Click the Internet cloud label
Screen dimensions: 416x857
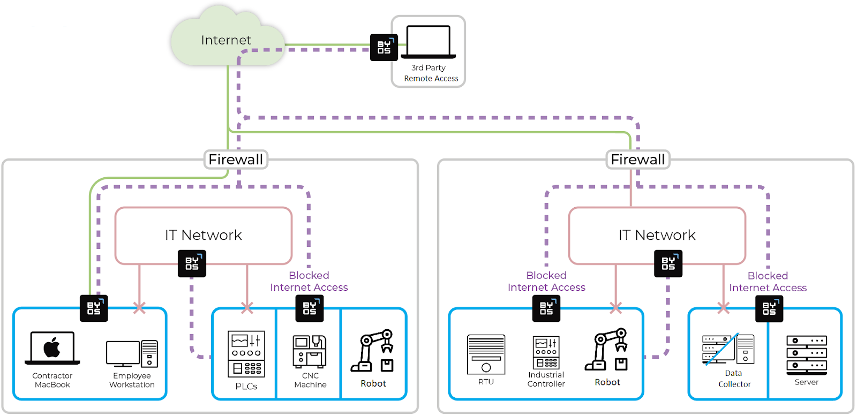226,40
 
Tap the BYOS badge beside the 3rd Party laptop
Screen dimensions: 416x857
384,48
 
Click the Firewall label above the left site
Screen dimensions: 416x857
236,160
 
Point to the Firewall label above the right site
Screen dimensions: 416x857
638,160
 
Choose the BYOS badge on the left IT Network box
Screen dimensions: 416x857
192,263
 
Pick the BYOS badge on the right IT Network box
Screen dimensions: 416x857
668,263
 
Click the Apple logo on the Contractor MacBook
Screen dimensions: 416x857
52,347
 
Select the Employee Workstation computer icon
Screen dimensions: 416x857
132,354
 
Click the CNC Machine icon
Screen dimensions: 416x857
310,351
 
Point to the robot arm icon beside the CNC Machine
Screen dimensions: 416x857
373,351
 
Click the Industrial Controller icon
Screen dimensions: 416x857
546,352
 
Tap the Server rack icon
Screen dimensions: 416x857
807,355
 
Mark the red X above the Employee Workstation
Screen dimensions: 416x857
139,308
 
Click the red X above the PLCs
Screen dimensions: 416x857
247,308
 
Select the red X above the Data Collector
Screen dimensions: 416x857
724,308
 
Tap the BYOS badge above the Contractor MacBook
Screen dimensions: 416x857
94,308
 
